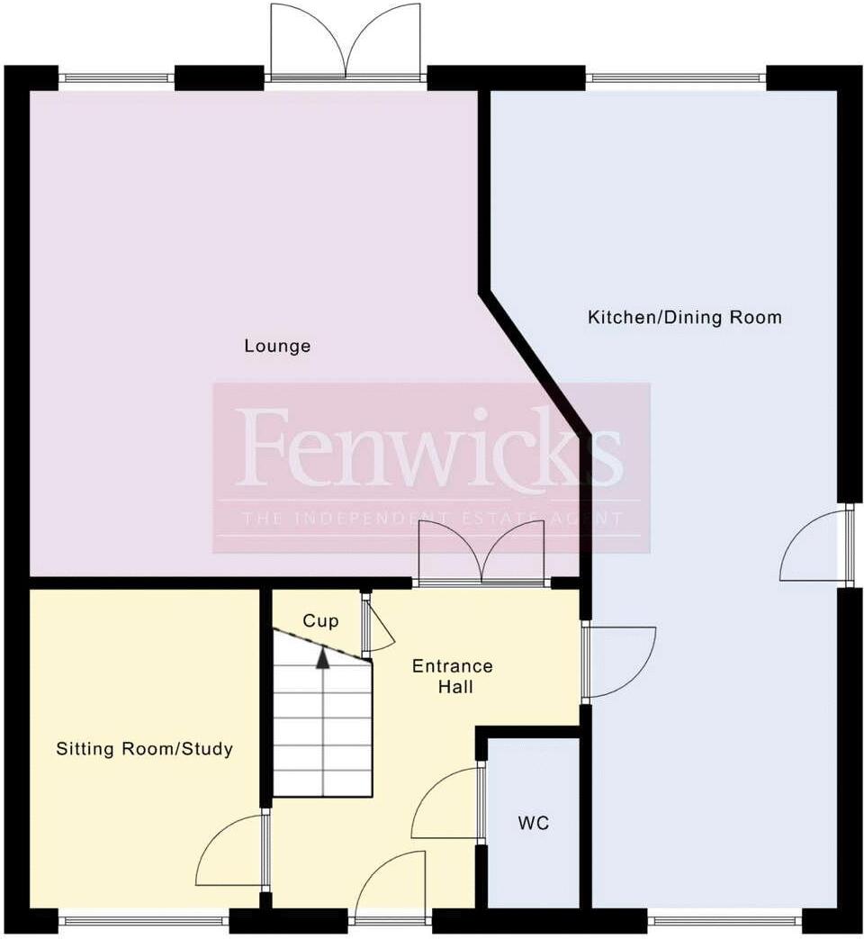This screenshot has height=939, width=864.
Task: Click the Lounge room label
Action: tap(277, 346)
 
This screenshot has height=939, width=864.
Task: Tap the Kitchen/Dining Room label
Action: tap(684, 318)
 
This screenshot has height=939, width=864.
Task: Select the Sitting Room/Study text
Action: tap(145, 749)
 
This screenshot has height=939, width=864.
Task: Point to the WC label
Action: tap(533, 823)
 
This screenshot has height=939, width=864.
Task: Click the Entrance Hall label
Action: tap(453, 676)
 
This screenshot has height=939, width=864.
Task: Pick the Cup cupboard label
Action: tap(320, 621)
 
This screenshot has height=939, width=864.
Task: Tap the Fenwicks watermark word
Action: tap(430, 447)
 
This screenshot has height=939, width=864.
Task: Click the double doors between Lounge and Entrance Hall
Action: tap(482, 555)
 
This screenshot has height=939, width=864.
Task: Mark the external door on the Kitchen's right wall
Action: tap(815, 546)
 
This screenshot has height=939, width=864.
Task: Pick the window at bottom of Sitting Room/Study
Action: tap(144, 920)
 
